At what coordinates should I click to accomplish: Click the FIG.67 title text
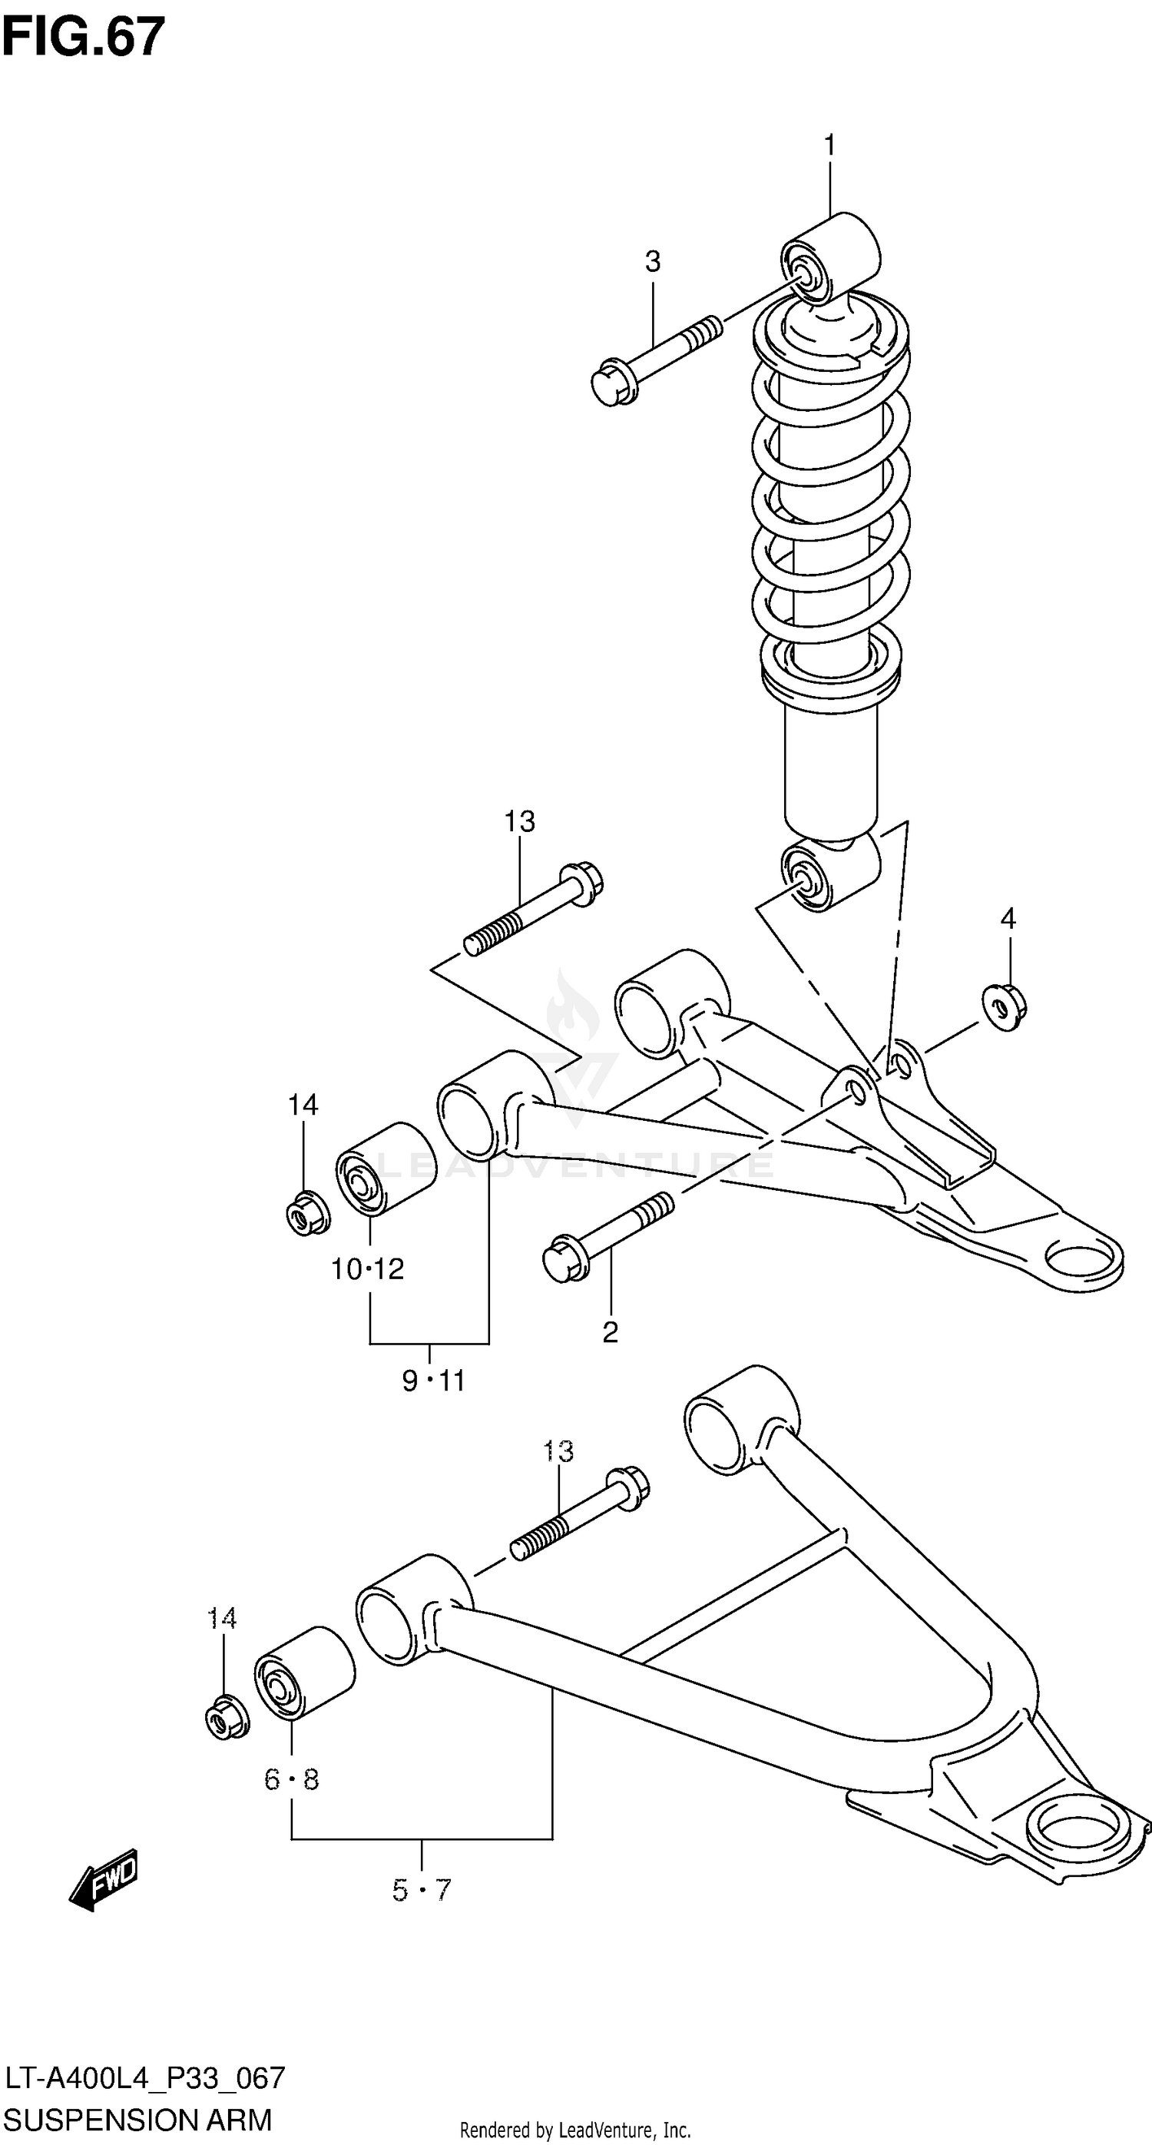83,37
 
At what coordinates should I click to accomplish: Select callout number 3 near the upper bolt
653,261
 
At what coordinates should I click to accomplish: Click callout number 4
1008,920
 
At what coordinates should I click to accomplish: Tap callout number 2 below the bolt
610,1333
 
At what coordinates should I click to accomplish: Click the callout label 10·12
367,1269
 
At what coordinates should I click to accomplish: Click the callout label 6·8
291,1780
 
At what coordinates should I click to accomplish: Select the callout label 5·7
421,1891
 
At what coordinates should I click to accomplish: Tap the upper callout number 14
303,1105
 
